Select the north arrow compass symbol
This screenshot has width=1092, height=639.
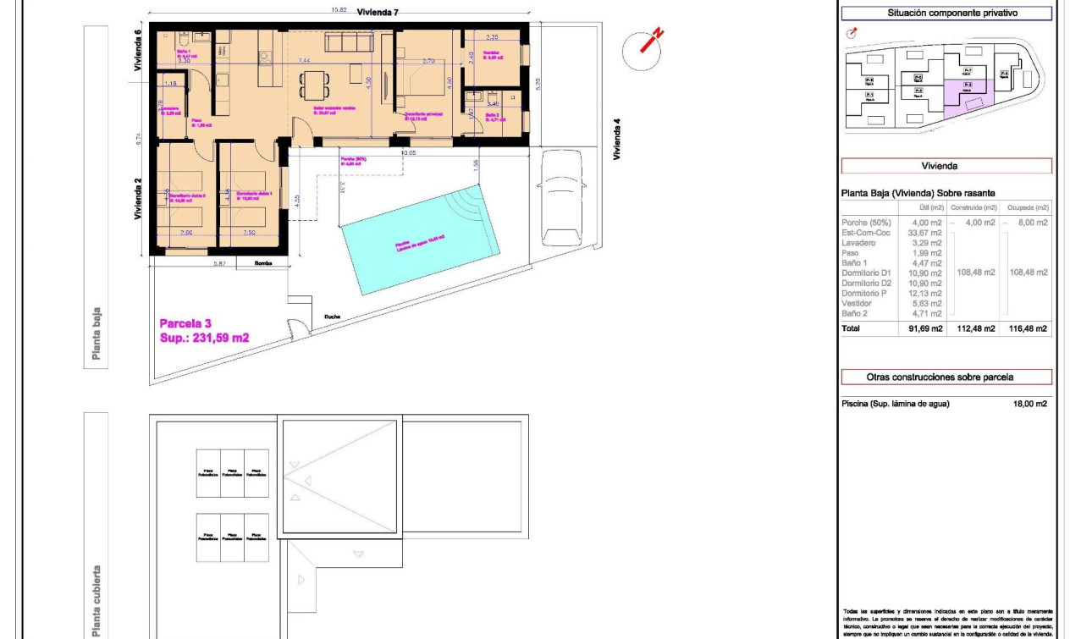(x=643, y=48)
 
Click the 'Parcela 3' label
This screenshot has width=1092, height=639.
(x=185, y=322)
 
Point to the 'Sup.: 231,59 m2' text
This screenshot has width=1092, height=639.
(x=204, y=338)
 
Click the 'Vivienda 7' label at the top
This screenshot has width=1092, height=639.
(x=378, y=12)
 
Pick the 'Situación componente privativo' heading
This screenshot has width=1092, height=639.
(x=946, y=14)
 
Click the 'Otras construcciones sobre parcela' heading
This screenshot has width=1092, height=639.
(x=946, y=377)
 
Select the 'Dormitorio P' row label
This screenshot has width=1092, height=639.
(x=864, y=293)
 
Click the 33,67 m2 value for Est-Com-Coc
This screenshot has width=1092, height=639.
(x=926, y=233)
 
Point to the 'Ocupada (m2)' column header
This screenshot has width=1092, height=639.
(x=1029, y=207)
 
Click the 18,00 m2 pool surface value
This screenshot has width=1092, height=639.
(x=1029, y=404)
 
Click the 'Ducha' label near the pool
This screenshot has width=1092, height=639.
(x=332, y=317)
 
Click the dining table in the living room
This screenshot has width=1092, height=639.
(x=315, y=85)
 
